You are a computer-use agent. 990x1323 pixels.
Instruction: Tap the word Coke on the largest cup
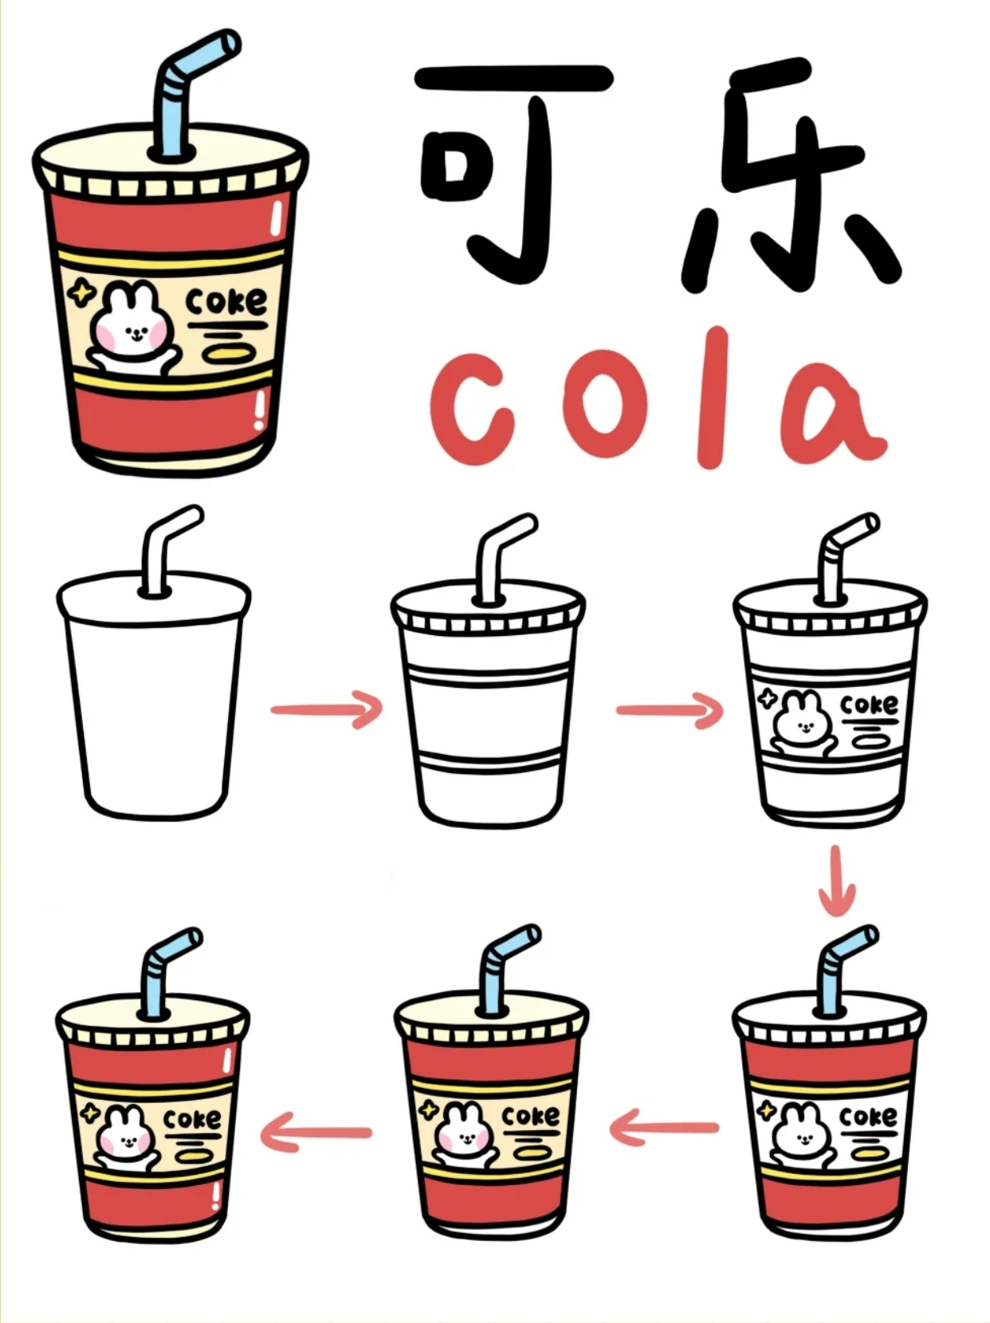pyautogui.click(x=226, y=302)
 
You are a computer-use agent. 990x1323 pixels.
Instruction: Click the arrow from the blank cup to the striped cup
pyautogui.click(x=327, y=709)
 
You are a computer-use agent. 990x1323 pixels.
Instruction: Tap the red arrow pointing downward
pyautogui.click(x=835, y=881)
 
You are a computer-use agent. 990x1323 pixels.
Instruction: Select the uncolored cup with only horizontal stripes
pyautogui.click(x=488, y=709)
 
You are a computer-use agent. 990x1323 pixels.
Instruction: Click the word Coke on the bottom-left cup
pyautogui.click(x=192, y=1120)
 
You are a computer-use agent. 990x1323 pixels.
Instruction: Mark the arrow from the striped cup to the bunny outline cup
pyautogui.click(x=670, y=709)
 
